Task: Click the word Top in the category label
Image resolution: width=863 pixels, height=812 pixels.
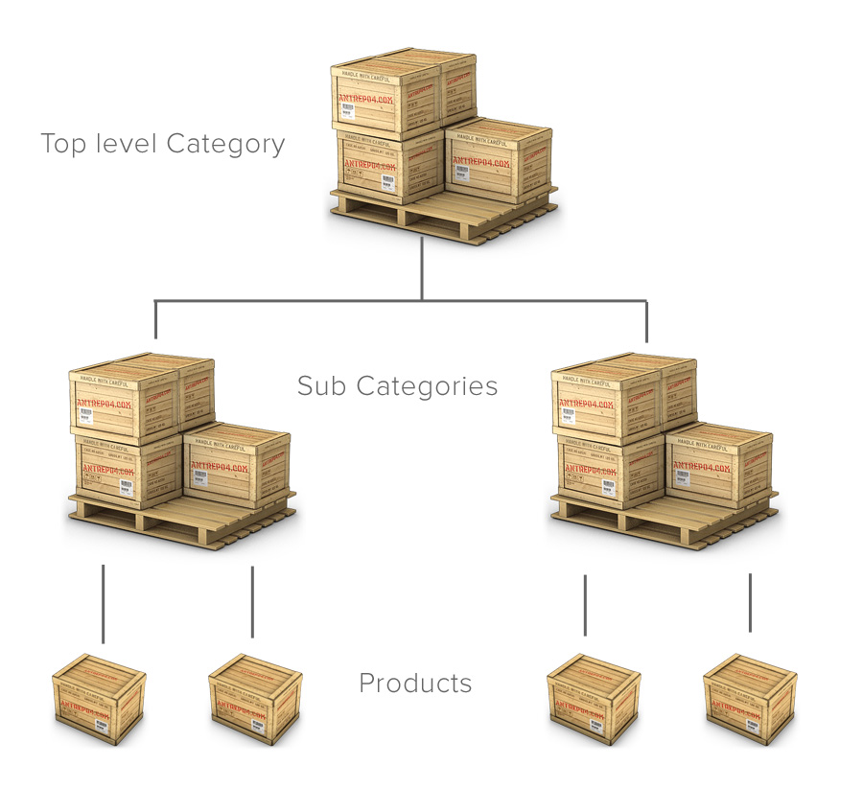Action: tap(64, 145)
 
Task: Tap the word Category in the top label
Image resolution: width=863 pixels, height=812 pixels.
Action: tap(225, 145)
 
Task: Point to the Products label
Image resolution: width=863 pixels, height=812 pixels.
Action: tap(415, 684)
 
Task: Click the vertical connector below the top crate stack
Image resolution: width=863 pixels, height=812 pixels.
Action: tap(422, 268)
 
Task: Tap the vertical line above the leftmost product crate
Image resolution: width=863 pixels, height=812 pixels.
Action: tap(103, 604)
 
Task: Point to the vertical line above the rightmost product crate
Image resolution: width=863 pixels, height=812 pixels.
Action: tap(750, 602)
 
